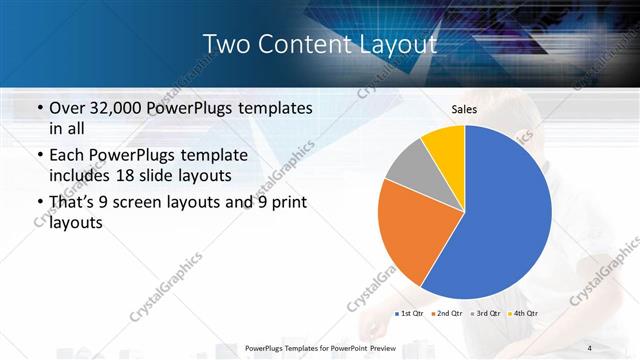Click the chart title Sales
point(464,108)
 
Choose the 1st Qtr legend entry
point(410,314)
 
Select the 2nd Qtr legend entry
point(447,314)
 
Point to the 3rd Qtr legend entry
point(485,314)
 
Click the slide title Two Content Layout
point(319,44)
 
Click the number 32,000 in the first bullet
point(121,108)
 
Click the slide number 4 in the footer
point(589,347)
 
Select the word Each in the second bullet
point(68,155)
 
